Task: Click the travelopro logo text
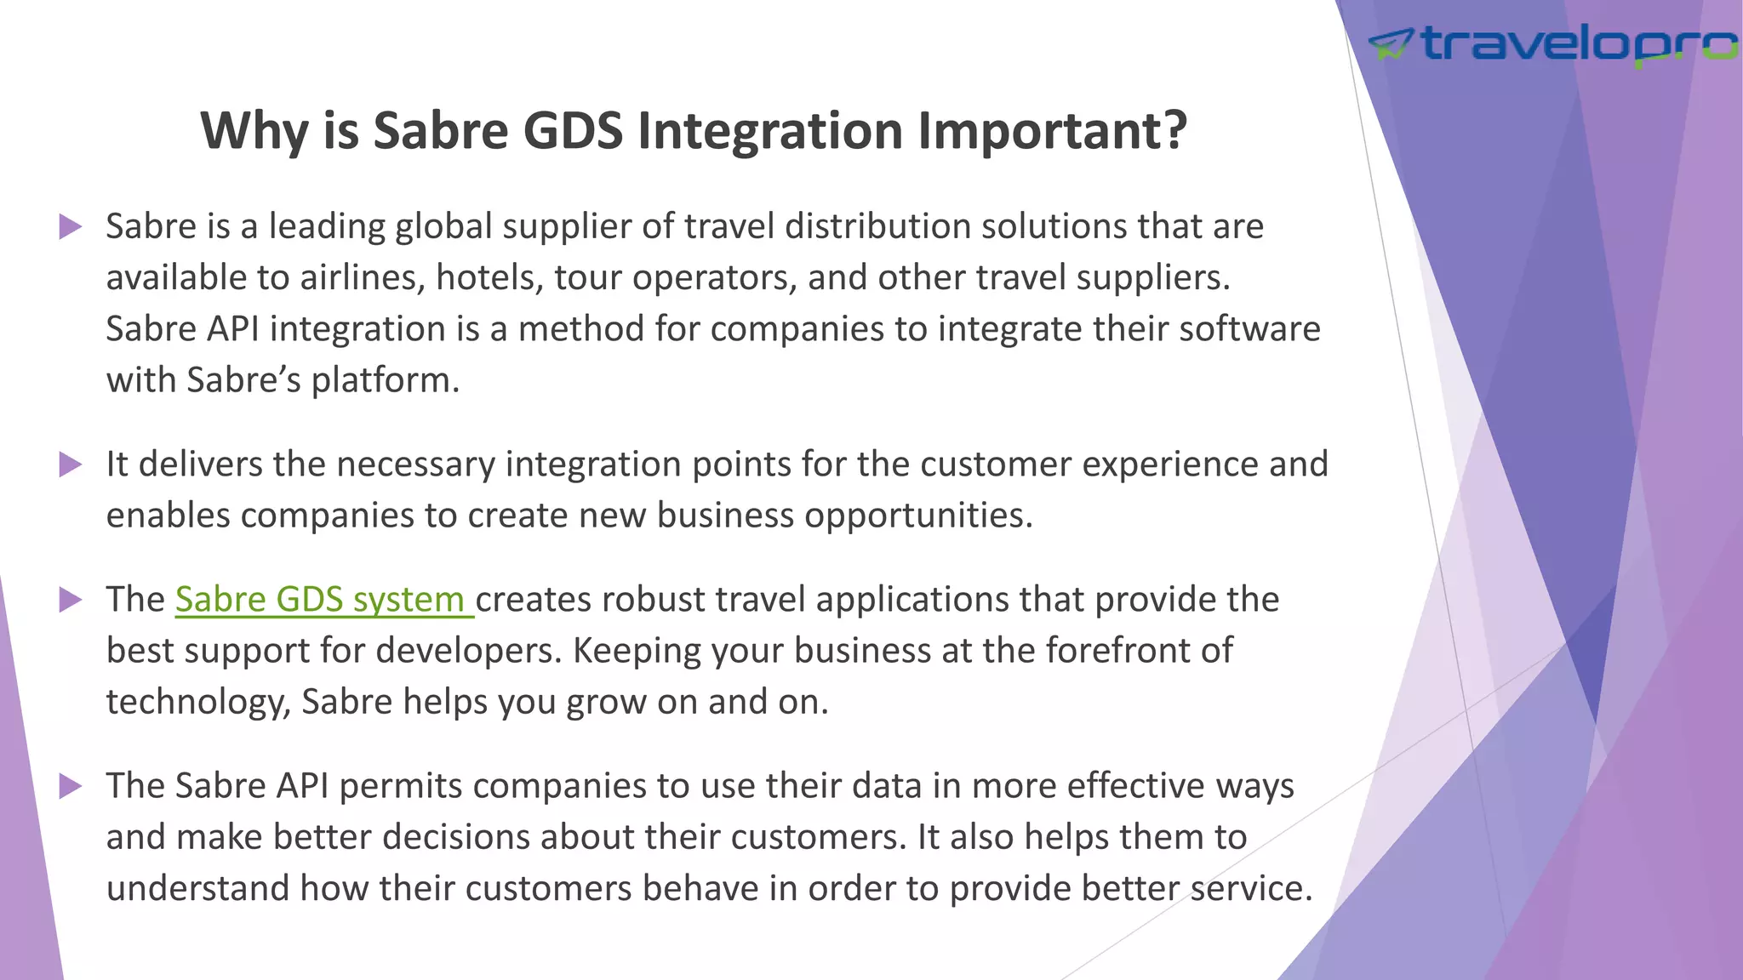pos(1579,43)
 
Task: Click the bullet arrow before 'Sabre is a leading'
pos(71,227)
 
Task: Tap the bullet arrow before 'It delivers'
pos(71,464)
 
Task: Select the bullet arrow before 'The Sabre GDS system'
pos(71,600)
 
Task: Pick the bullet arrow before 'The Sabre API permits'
pos(71,786)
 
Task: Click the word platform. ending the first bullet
pos(385,380)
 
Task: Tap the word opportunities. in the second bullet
pos(918,516)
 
